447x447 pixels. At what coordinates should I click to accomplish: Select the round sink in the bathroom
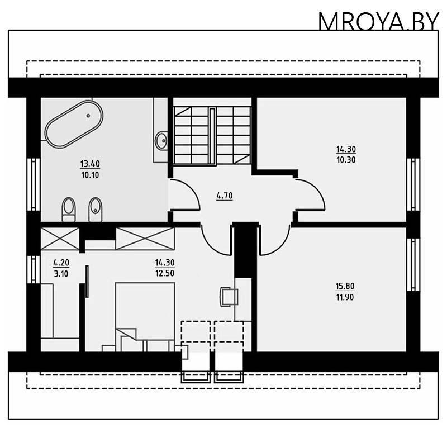click(161, 139)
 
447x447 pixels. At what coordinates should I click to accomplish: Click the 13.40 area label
click(90, 164)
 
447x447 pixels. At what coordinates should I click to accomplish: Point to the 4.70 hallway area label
click(224, 196)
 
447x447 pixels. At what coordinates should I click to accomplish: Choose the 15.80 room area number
click(345, 287)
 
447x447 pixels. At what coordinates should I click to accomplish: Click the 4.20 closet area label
click(61, 261)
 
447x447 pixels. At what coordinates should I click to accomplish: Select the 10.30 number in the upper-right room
click(346, 160)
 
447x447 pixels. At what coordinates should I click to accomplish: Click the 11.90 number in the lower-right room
click(345, 297)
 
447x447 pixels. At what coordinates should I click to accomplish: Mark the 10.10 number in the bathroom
click(90, 174)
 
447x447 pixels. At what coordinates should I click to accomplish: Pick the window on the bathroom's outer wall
click(32, 176)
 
